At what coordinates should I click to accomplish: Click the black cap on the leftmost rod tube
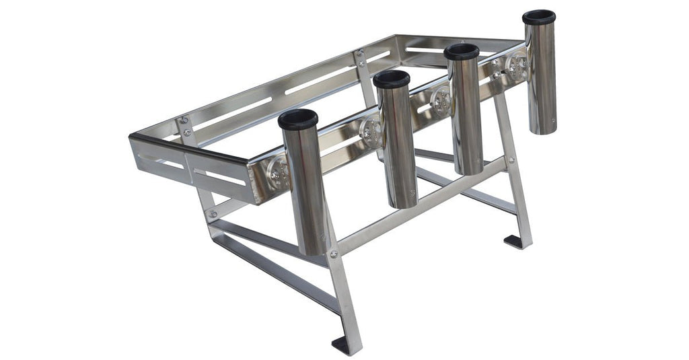tap(297, 120)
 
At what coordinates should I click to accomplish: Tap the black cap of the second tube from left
tap(391, 79)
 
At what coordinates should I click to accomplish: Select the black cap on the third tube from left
tap(461, 52)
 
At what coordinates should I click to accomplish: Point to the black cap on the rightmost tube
tap(539, 17)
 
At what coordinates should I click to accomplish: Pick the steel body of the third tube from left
tap(467, 114)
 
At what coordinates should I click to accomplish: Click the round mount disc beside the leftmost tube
tap(277, 174)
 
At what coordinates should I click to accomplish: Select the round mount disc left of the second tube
tap(370, 131)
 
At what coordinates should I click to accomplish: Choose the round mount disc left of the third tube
tap(441, 100)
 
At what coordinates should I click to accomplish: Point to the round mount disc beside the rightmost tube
tap(517, 65)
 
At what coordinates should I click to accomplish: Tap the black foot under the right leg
tap(514, 241)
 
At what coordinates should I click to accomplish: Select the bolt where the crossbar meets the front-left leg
tap(333, 254)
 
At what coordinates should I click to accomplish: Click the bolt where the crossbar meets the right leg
tap(510, 161)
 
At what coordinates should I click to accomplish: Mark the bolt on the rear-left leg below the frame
tap(213, 214)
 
